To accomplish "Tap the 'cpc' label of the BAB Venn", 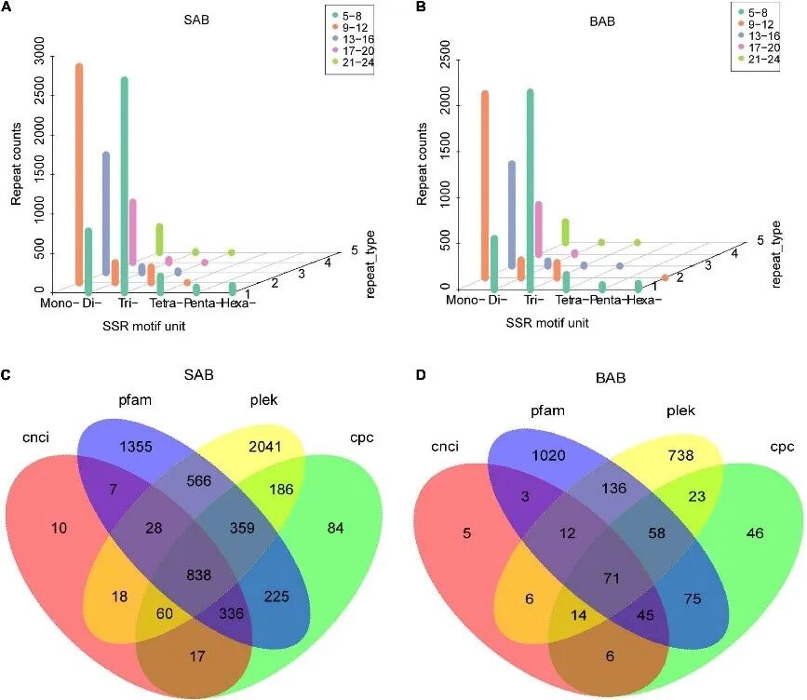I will (782, 448).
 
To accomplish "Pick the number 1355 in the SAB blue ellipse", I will (141, 445).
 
